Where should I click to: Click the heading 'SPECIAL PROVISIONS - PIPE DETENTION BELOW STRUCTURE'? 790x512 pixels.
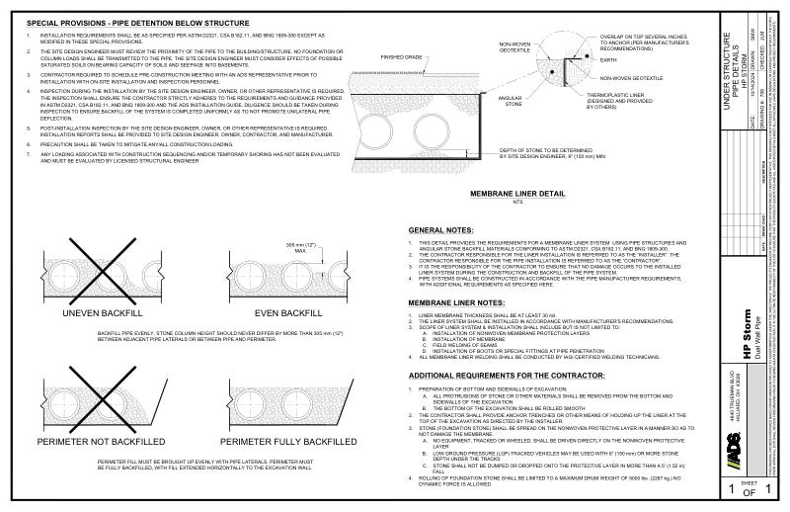137,22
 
